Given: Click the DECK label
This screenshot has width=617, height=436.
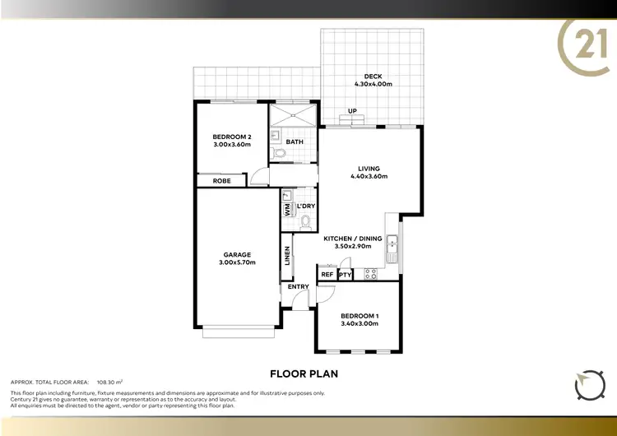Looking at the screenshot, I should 373,77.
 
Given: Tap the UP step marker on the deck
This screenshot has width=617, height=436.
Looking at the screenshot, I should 352,111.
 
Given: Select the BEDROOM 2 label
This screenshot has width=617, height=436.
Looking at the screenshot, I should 230,137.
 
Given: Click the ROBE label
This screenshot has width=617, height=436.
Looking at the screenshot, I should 221,180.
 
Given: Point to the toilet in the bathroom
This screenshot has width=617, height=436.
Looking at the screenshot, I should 279,152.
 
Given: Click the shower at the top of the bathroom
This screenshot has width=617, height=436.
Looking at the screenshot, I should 294,114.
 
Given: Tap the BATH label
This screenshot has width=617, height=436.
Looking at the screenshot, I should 295,141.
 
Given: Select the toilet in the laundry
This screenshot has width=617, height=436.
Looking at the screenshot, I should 306,220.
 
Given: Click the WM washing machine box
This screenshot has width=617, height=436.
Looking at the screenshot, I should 287,210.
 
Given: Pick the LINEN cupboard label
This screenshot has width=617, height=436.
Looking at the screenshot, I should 287,257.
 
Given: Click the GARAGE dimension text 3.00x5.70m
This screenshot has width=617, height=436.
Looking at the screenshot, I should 238,262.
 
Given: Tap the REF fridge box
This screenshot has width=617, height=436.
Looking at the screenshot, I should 327,275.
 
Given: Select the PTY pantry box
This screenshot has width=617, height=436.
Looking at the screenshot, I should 346,275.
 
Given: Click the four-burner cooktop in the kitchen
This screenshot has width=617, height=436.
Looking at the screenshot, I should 370,274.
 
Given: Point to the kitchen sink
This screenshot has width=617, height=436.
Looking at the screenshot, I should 393,244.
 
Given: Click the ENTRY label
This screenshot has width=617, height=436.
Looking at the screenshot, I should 299,286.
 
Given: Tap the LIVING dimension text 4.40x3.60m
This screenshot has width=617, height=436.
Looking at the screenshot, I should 369,176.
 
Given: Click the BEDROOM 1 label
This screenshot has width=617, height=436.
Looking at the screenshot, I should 359,315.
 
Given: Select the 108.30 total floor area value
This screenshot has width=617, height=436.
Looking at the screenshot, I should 109,382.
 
